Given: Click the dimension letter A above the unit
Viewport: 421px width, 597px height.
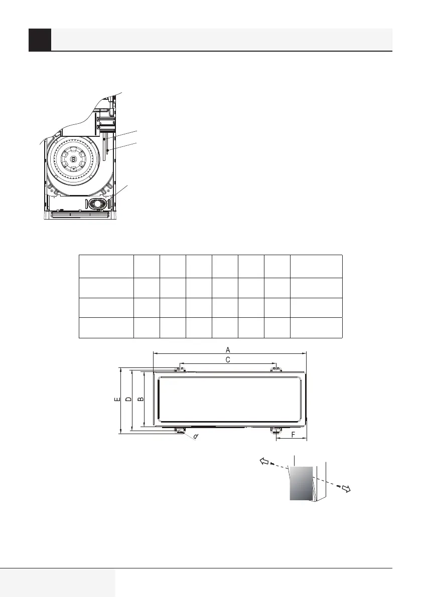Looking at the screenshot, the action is point(228,349).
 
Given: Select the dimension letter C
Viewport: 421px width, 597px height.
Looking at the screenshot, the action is point(228,359).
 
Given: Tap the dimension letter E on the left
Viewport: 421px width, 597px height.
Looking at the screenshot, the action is point(117,400).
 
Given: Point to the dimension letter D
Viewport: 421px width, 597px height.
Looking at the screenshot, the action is point(128,399).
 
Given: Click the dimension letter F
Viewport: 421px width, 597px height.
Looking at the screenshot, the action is point(293,435).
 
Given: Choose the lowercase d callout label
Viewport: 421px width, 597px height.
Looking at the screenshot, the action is point(196,436).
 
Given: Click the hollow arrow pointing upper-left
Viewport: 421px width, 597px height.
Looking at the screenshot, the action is point(263,461).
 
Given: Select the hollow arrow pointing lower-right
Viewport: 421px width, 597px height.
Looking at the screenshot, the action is point(346,489).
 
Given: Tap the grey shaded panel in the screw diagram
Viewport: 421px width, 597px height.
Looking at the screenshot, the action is point(301,483).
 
